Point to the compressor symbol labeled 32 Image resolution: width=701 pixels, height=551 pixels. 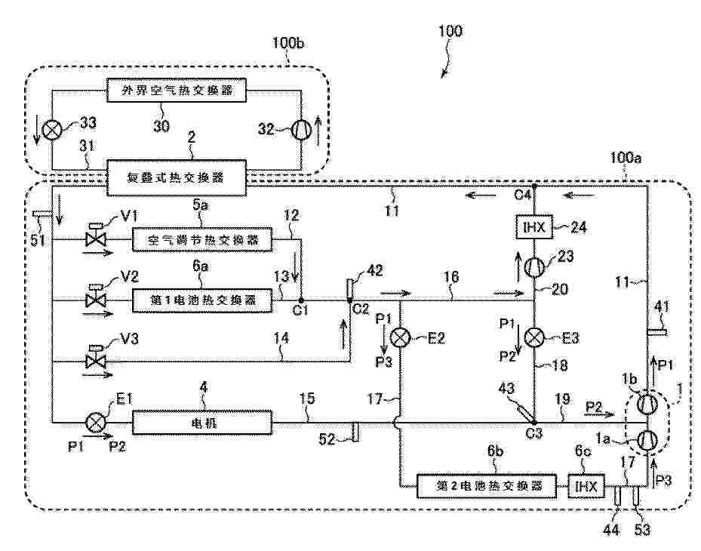point(301,129)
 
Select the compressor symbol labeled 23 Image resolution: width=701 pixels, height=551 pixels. point(534,266)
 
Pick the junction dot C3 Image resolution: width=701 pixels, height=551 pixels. point(534,422)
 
